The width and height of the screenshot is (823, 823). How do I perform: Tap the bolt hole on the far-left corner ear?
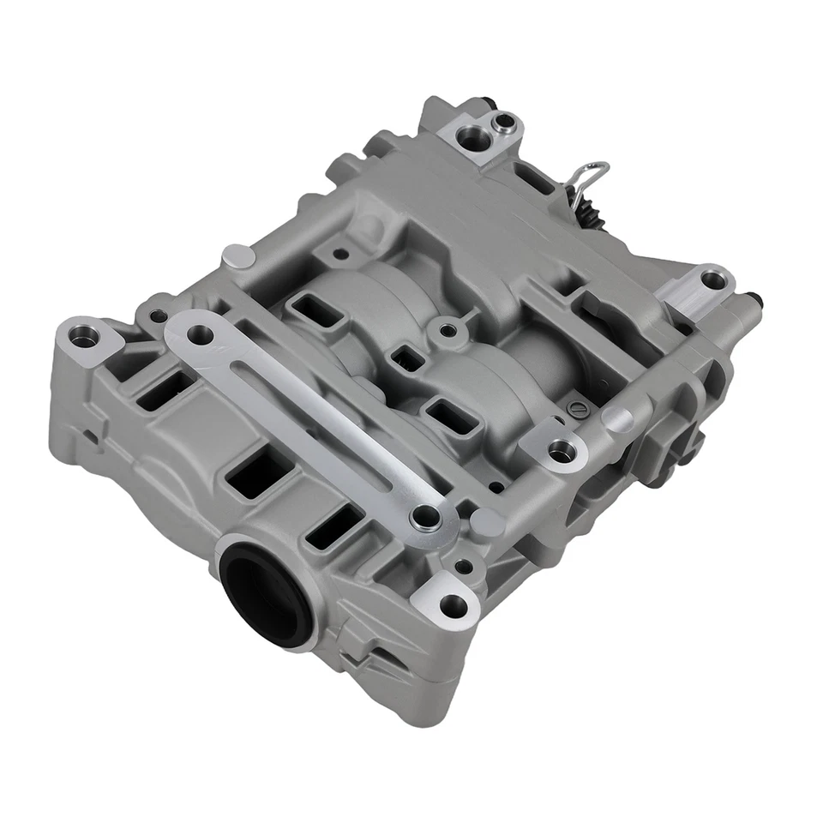click(x=82, y=337)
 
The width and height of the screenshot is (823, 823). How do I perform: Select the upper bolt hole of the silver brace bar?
click(x=200, y=334)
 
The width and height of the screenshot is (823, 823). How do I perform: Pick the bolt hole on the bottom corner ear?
click(x=453, y=605)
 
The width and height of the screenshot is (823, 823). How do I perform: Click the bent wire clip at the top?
click(x=590, y=177)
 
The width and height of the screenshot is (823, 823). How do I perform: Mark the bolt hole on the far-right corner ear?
click(x=712, y=279)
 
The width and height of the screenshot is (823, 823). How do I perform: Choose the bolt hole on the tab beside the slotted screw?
click(x=562, y=448)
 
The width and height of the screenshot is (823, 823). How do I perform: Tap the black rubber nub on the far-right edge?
click(x=754, y=300)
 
